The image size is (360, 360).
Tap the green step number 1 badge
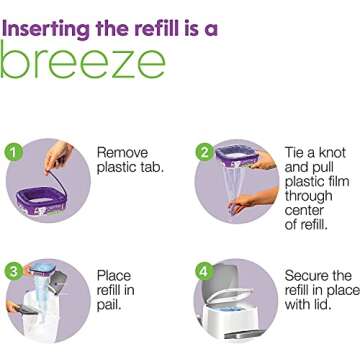coord(13,152)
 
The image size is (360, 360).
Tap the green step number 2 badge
coord(204,152)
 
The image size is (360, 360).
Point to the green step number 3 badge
coord(13,270)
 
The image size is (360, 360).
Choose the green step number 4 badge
coord(204,269)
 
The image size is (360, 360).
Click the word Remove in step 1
coord(122,153)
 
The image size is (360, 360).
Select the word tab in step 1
coord(151,167)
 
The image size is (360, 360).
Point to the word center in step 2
coord(306,211)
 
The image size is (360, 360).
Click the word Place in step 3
coord(113,275)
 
